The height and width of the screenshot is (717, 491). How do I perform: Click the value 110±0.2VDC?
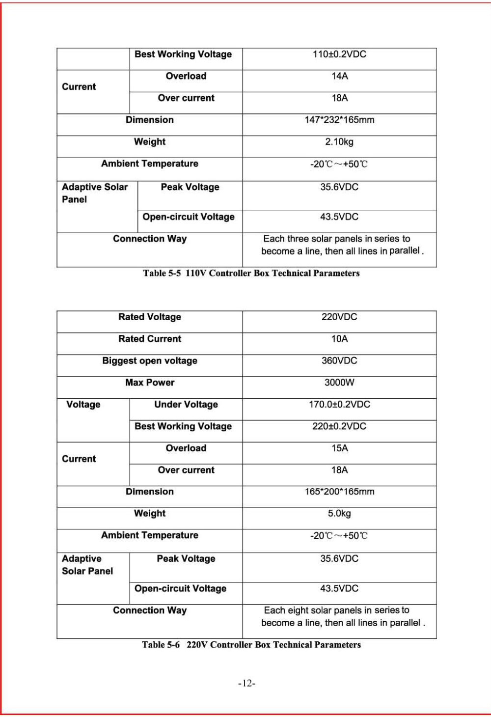[x=339, y=55]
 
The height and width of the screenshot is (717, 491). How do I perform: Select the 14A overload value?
[x=339, y=76]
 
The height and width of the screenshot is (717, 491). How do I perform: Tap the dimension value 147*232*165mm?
[x=339, y=120]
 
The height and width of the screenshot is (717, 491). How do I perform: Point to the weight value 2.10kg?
[x=339, y=142]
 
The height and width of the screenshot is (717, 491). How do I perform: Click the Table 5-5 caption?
[x=251, y=274]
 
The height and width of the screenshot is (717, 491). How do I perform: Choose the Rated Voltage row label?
[x=150, y=317]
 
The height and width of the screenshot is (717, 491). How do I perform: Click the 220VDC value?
[x=339, y=317]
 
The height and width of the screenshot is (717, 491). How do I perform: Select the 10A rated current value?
[x=339, y=339]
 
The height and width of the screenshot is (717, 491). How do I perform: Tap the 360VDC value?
[x=339, y=361]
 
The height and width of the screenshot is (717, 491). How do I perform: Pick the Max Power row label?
[x=150, y=383]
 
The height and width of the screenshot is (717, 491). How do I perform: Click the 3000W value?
[x=339, y=383]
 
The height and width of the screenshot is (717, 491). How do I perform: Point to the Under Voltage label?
[x=186, y=405]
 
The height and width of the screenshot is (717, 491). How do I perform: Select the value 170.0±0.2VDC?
[x=339, y=405]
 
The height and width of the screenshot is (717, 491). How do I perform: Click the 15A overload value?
[x=339, y=448]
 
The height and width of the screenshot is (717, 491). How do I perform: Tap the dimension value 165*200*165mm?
[x=339, y=492]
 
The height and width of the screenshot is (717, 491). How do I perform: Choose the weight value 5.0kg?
[x=339, y=514]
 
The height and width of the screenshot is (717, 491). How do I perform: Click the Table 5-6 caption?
[x=251, y=645]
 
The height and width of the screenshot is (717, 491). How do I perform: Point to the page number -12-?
[x=246, y=684]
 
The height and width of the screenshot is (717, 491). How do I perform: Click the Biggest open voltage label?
[x=150, y=361]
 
